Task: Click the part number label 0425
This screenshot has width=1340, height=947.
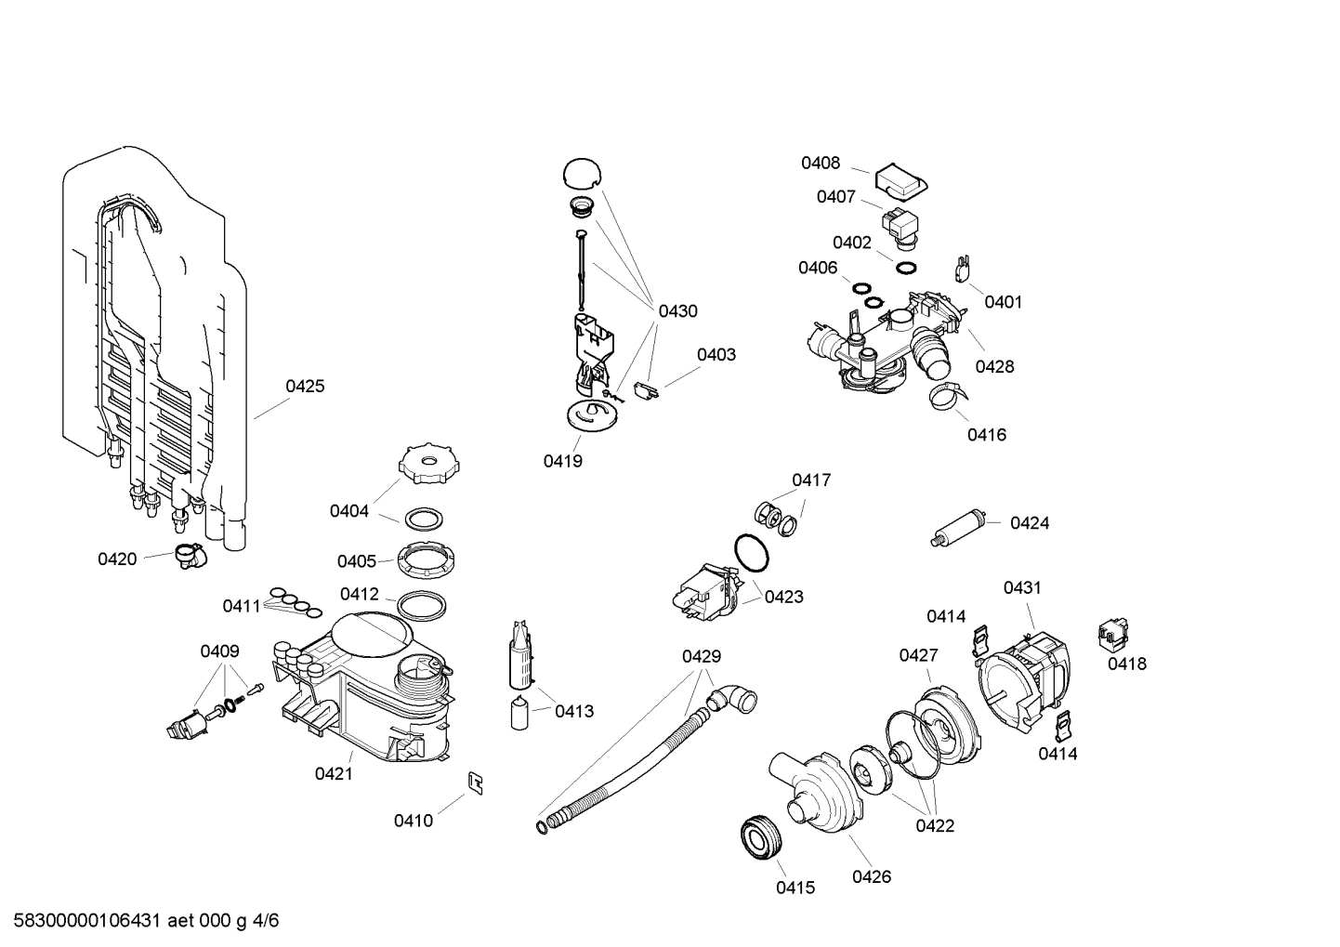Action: click(305, 386)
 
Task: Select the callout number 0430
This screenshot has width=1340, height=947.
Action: click(677, 311)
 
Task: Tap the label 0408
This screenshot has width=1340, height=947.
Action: click(821, 164)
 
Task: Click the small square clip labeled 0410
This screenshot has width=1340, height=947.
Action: click(475, 783)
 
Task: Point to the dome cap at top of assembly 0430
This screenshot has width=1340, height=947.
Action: click(581, 174)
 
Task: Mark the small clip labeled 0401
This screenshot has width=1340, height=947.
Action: click(963, 270)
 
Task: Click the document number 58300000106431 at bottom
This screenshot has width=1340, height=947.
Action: click(83, 921)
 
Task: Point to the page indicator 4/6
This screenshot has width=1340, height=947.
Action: click(265, 921)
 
